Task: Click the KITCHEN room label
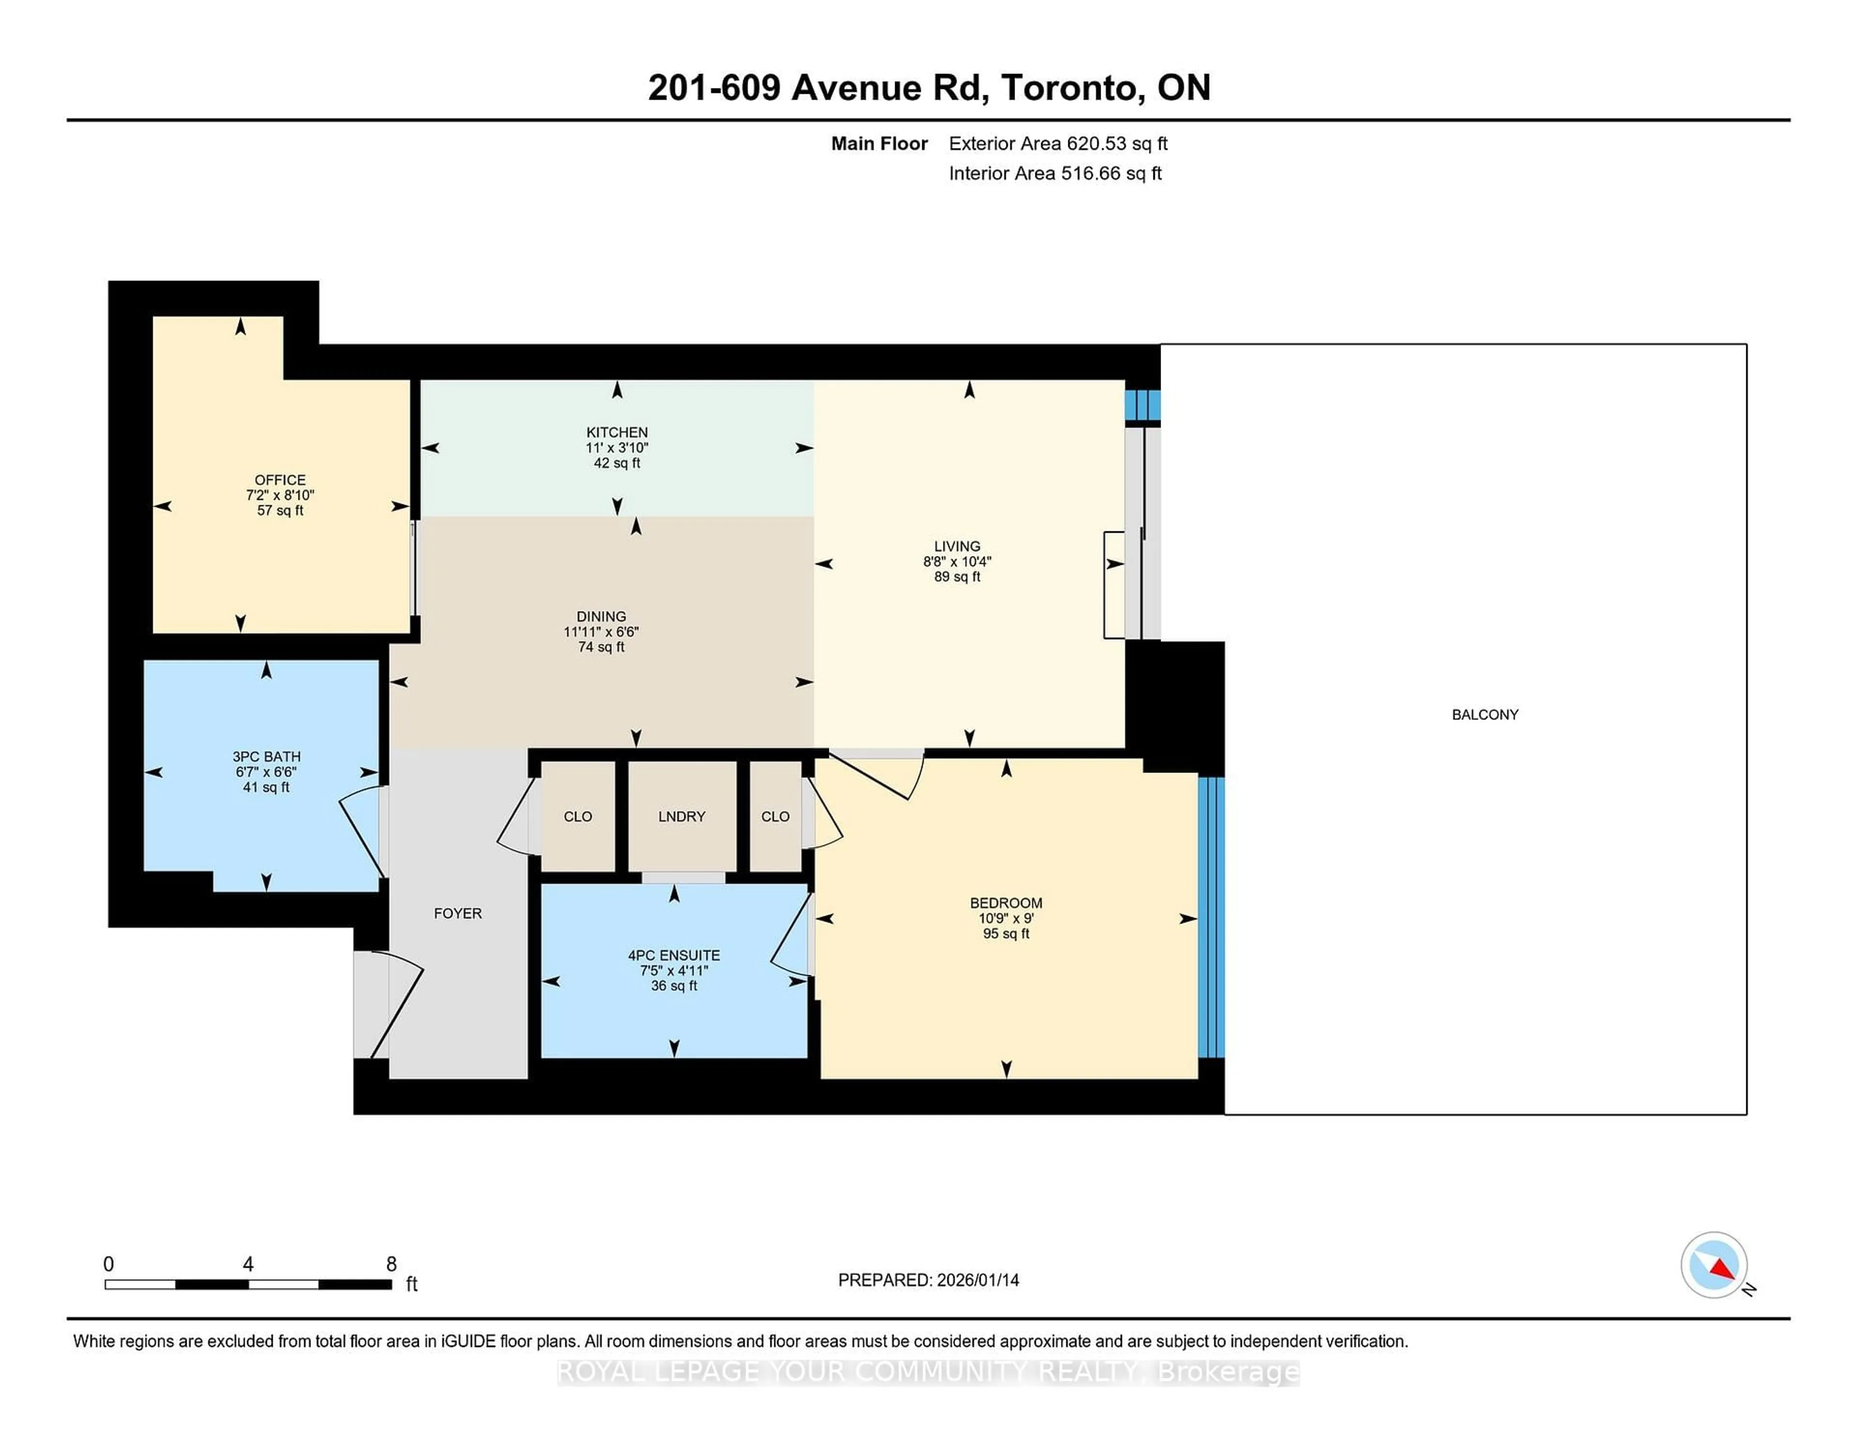[x=617, y=432]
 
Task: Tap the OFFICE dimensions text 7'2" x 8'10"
[x=280, y=495]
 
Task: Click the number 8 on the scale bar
[x=391, y=1264]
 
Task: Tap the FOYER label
[x=457, y=913]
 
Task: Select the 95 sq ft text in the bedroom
[x=1006, y=934]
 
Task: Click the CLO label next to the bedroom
[x=775, y=816]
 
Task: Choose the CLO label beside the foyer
[x=577, y=816]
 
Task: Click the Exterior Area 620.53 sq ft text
[x=1058, y=144]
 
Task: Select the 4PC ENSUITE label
[x=674, y=955]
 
